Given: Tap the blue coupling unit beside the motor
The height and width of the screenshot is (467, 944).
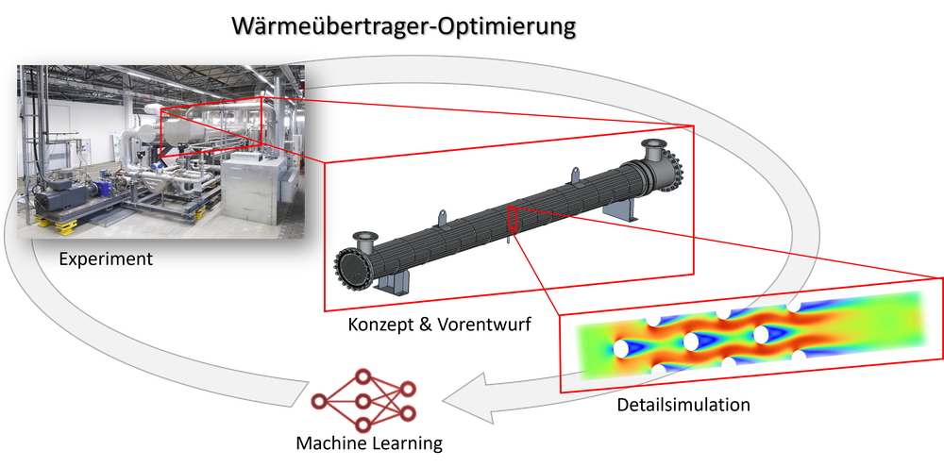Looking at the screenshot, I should pyautogui.click(x=106, y=189).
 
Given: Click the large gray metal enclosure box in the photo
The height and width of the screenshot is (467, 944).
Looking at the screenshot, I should pyautogui.click(x=255, y=189).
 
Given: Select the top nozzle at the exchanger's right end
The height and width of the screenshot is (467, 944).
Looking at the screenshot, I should pyautogui.click(x=651, y=149).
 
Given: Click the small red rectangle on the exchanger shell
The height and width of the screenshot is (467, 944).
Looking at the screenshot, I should pyautogui.click(x=512, y=219).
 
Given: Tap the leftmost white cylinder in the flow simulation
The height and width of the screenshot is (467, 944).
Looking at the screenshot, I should pyautogui.click(x=622, y=348).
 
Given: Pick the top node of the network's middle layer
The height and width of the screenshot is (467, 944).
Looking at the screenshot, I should pyautogui.click(x=362, y=377).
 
